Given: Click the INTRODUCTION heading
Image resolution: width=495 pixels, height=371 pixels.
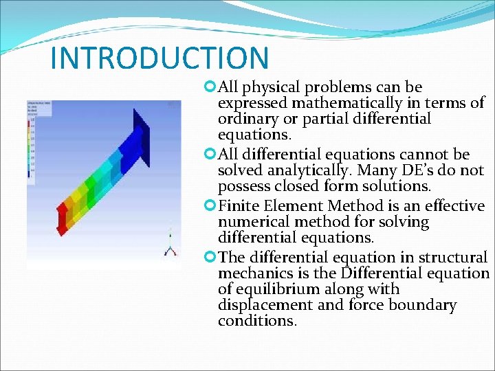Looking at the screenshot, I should (159, 58).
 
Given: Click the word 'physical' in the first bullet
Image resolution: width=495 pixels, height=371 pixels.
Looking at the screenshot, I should (272, 88).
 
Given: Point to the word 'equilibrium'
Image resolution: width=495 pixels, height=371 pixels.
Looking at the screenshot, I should (276, 289).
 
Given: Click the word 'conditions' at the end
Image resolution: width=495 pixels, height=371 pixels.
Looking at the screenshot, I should (257, 321).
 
